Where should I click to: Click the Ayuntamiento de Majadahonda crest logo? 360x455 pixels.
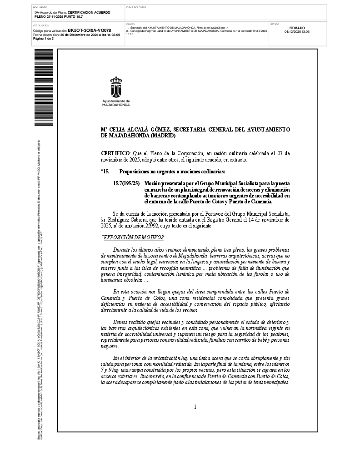point(116,87)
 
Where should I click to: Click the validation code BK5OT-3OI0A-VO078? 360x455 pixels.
point(89,30)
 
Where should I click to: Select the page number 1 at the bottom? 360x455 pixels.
point(195,406)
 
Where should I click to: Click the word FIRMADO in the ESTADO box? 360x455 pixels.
point(297,28)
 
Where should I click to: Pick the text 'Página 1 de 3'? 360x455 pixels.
point(44,38)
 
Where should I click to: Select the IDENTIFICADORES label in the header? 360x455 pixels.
point(136,8)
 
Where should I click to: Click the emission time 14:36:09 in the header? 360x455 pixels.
point(112,35)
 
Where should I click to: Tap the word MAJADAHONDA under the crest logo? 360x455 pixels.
point(116,105)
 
